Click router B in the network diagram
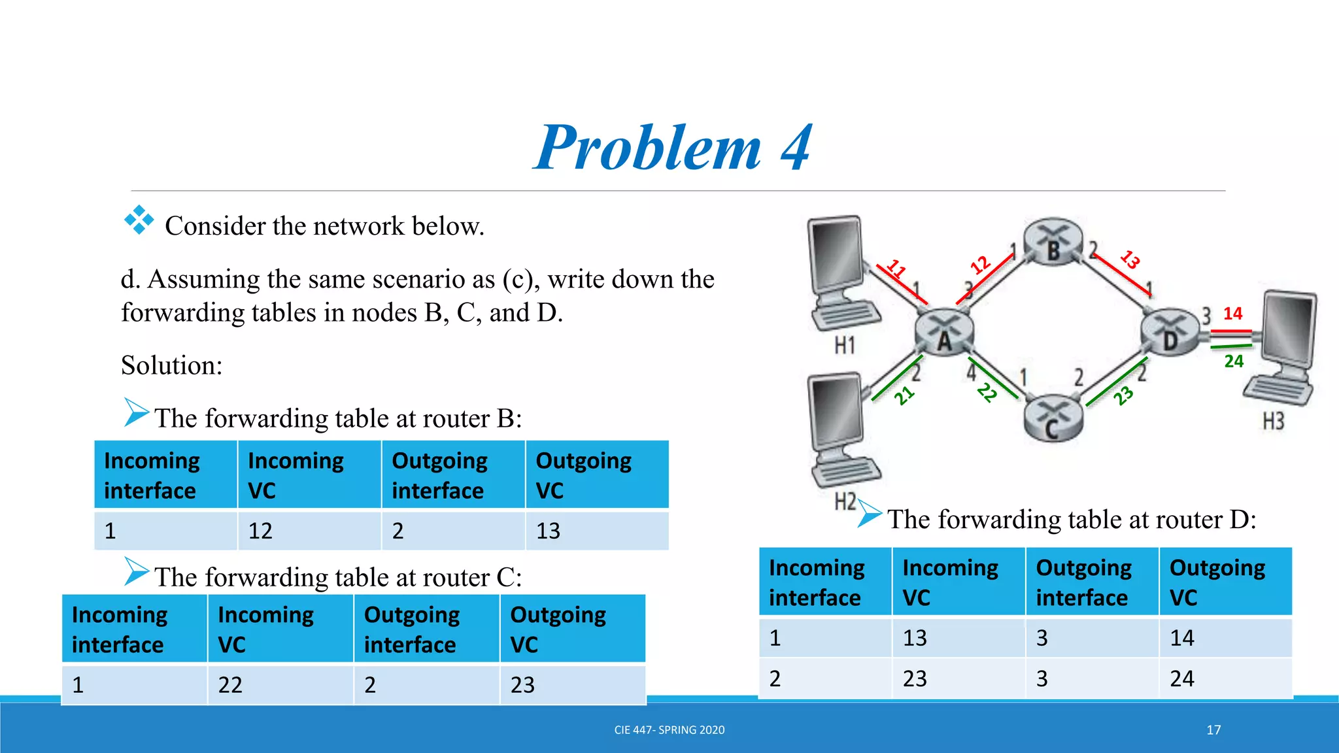point(1053,243)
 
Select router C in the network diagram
point(1052,419)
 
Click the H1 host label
point(845,345)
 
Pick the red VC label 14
point(1232,314)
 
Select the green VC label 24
point(1234,361)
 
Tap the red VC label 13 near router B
point(1130,259)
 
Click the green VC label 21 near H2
point(904,395)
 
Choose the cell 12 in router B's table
point(260,531)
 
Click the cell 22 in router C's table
point(230,685)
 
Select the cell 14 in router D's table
point(1182,638)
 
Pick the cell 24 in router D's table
point(1182,679)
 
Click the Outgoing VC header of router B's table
point(583,475)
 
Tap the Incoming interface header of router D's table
point(817,582)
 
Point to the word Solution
point(171,365)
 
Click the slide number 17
point(1213,730)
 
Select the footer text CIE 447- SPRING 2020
point(669,730)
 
